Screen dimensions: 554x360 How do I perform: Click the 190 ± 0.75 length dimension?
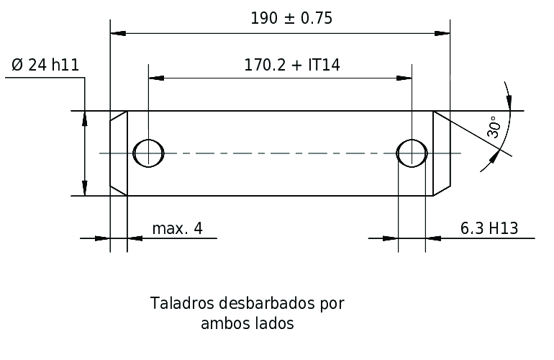pyautogui.click(x=291, y=19)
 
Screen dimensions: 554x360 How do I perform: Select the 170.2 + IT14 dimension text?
pyautogui.click(x=292, y=65)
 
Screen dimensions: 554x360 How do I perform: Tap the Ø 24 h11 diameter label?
pyautogui.click(x=45, y=65)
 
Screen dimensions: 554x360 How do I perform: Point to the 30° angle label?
pyautogui.click(x=494, y=127)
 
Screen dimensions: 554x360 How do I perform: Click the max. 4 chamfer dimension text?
pyautogui.click(x=178, y=228)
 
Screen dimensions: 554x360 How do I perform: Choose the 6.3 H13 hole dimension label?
pyautogui.click(x=489, y=228)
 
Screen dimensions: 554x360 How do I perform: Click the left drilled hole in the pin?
pyautogui.click(x=148, y=153)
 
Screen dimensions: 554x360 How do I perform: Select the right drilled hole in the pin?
pyautogui.click(x=412, y=153)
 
